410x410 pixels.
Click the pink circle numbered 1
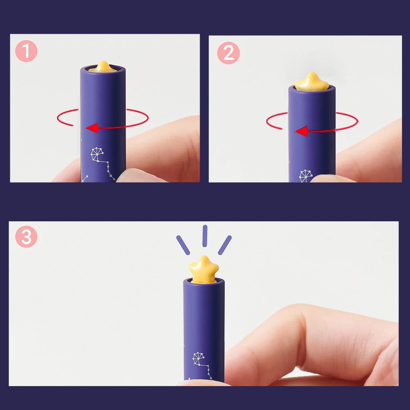pyautogui.click(x=26, y=51)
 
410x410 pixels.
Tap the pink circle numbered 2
pyautogui.click(x=229, y=53)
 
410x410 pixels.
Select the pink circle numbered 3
pyautogui.click(x=26, y=237)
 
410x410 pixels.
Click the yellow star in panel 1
pyautogui.click(x=103, y=67)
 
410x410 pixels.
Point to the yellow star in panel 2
pyautogui.click(x=312, y=82)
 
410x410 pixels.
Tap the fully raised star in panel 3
pyautogui.click(x=204, y=269)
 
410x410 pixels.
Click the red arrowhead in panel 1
pyautogui.click(x=92, y=128)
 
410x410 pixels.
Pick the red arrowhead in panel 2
pyautogui.click(x=301, y=131)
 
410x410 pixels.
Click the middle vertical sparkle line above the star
pyautogui.click(x=205, y=236)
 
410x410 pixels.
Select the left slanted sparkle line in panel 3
pyautogui.click(x=183, y=245)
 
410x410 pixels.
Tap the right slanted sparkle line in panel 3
pyautogui.click(x=225, y=245)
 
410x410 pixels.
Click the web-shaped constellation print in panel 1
pyautogui.click(x=97, y=154)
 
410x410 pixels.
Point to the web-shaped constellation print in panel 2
pyautogui.click(x=306, y=176)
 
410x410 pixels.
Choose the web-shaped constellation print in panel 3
pyautogui.click(x=199, y=359)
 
